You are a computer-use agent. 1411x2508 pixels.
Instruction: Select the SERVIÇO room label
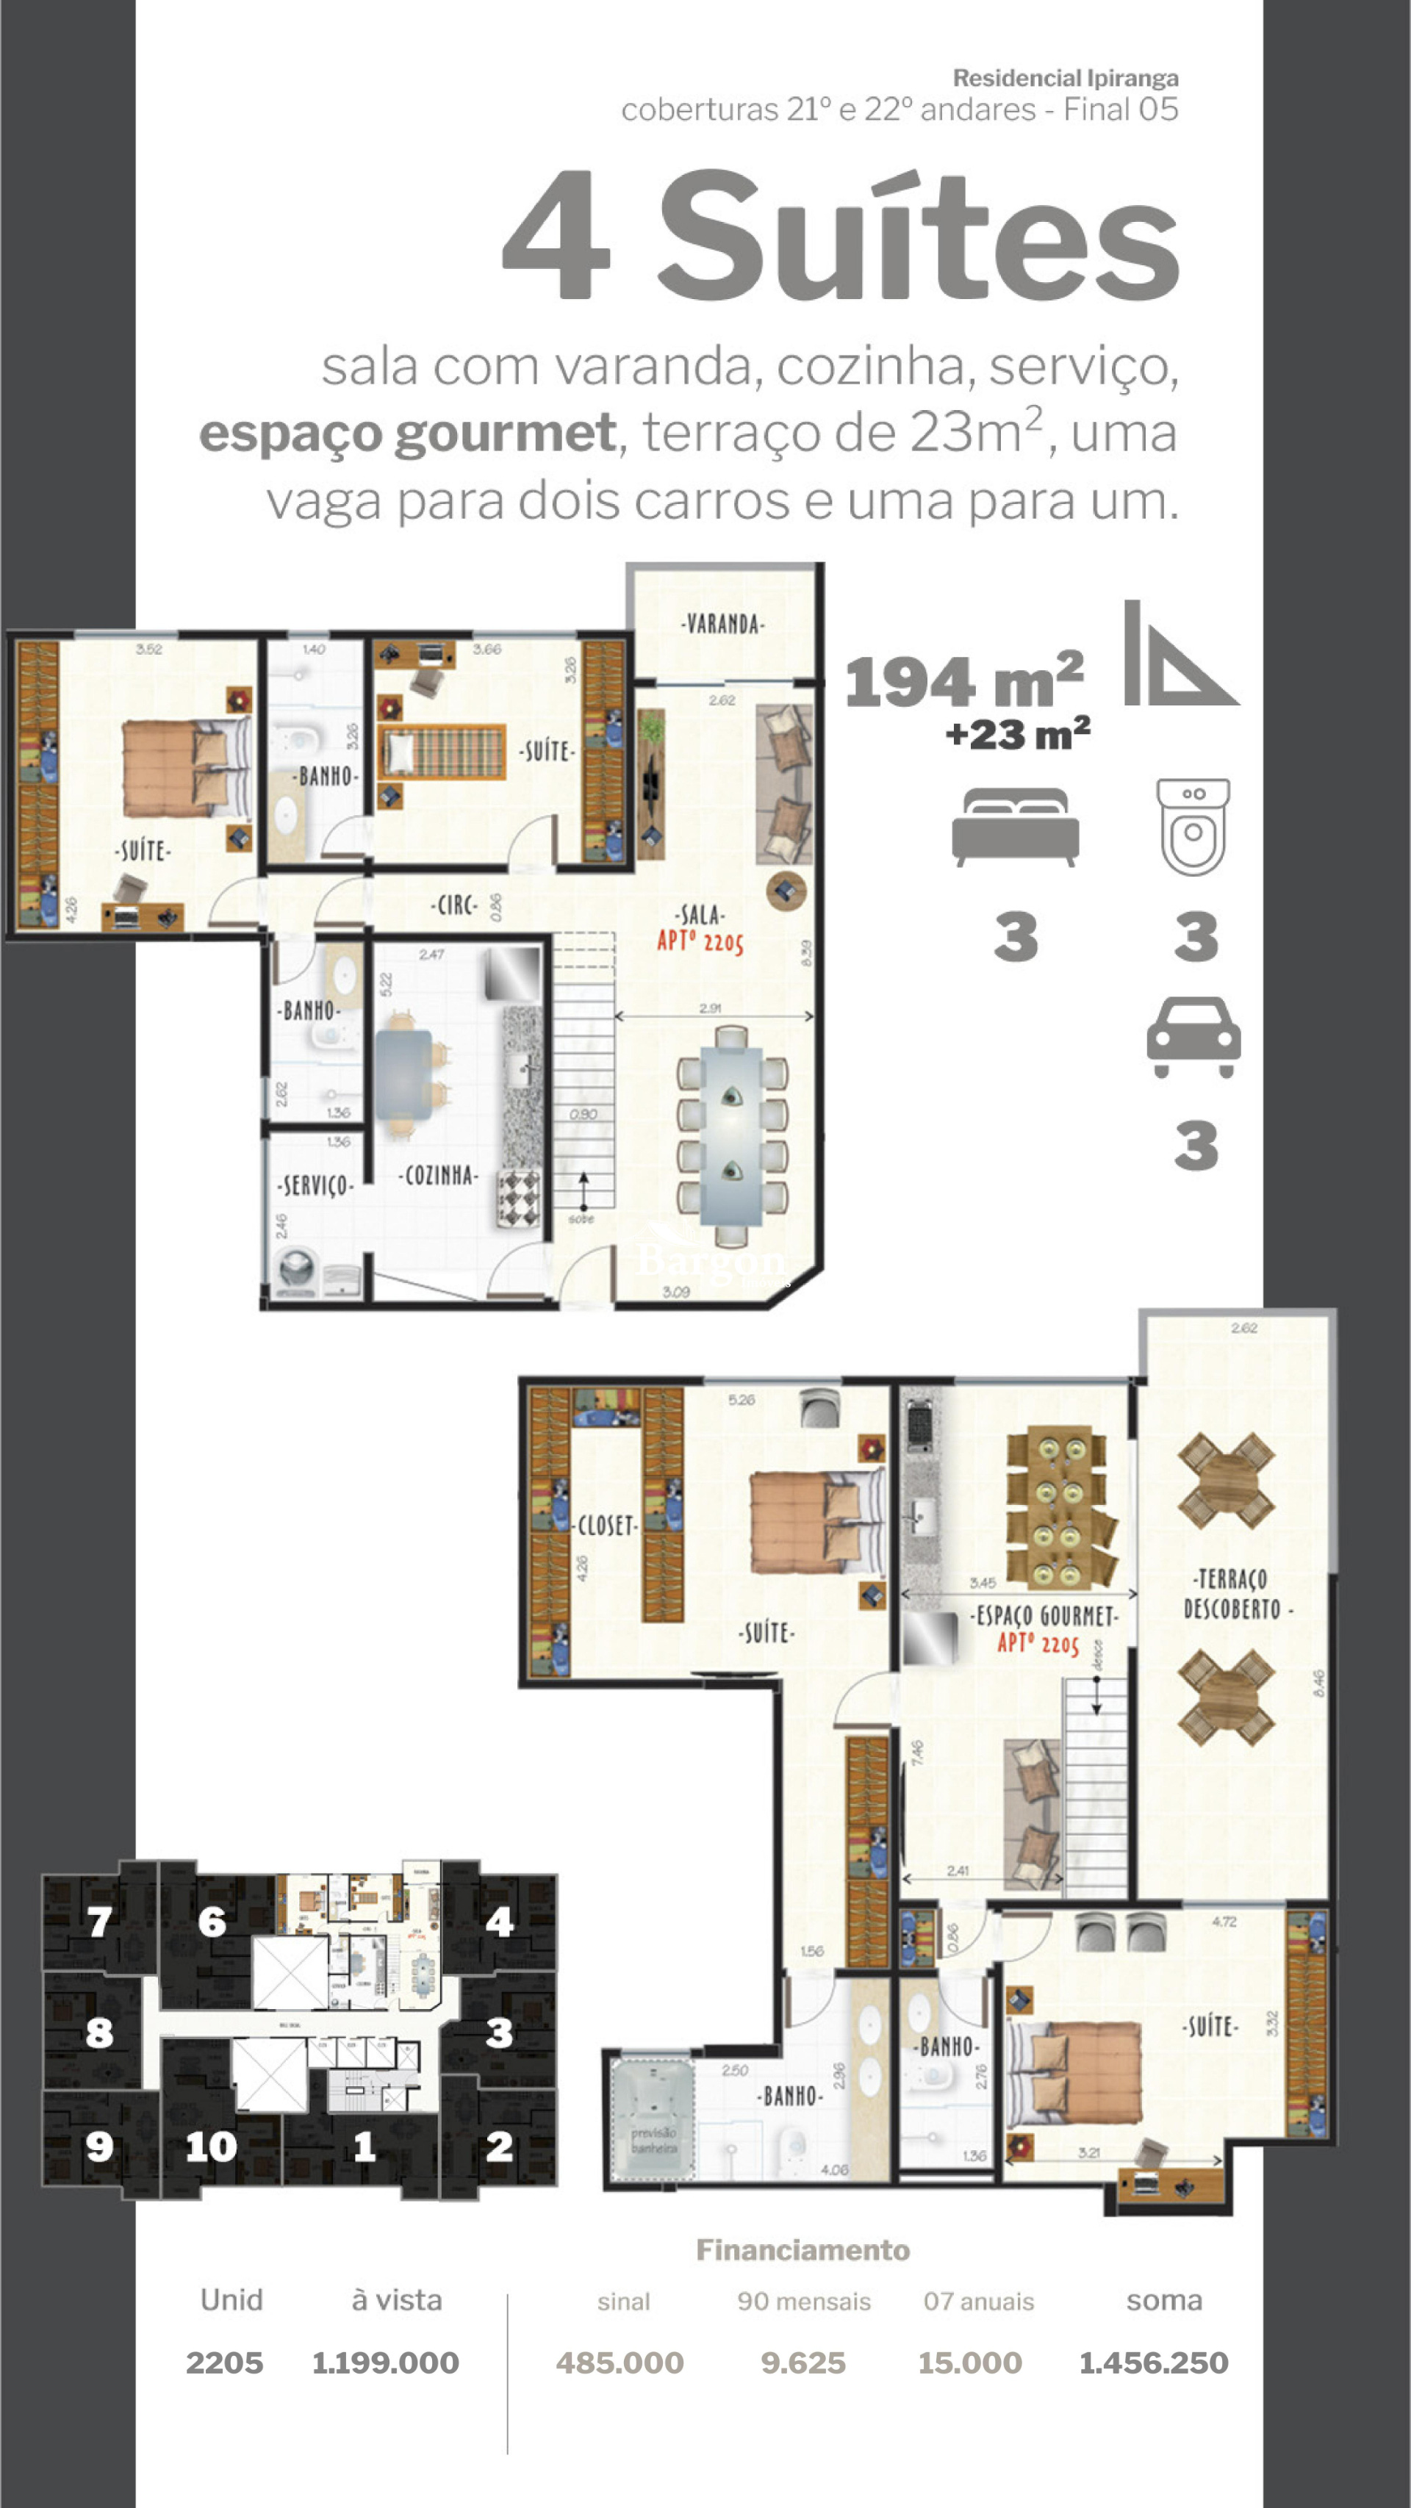tap(315, 1186)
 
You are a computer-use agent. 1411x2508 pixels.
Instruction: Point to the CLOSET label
tap(607, 1526)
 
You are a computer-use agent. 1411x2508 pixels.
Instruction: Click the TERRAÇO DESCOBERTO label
tap(1233, 1595)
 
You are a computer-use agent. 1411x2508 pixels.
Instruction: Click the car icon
tap(1194, 1038)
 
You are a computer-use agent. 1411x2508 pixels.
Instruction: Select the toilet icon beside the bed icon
tap(1194, 826)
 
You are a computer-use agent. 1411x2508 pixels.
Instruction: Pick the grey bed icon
tap(1016, 827)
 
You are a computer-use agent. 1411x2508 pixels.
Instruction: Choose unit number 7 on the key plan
tap(99, 1922)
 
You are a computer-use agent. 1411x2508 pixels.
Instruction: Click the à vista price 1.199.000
tap(386, 2363)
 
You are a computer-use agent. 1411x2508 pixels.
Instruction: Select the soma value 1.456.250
tap(1154, 2363)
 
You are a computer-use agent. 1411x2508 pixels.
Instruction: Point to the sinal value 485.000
tap(620, 2363)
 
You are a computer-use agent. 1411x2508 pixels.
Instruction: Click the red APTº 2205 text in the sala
tap(700, 941)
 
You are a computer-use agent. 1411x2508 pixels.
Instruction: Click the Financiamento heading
tap(803, 2250)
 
